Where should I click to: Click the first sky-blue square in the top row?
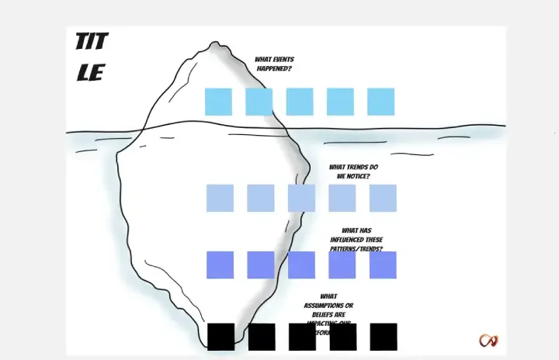[x=218, y=102]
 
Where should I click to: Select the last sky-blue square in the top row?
[x=380, y=102]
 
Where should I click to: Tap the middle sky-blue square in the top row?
[x=300, y=102]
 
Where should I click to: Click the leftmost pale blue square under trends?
[x=220, y=198]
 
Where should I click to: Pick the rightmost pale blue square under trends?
[x=383, y=198]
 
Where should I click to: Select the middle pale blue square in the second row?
[x=301, y=198]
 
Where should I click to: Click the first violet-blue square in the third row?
[x=220, y=265]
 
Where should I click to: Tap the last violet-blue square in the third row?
[x=383, y=265]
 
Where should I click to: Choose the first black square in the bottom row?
[x=220, y=337]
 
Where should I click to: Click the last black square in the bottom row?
[x=384, y=337]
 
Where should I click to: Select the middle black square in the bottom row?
[x=302, y=337]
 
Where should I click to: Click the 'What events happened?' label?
[x=274, y=64]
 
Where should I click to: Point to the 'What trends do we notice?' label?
[x=353, y=171]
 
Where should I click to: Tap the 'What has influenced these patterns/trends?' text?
[x=356, y=240]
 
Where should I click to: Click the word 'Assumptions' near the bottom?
[x=328, y=306]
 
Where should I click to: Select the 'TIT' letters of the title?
[x=92, y=42]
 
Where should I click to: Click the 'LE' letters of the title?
[x=90, y=73]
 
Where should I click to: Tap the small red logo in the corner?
[x=488, y=341]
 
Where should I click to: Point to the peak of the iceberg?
[x=215, y=45]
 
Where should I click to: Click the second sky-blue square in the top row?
[x=259, y=102]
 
